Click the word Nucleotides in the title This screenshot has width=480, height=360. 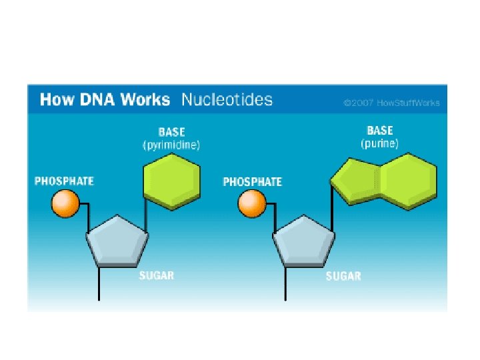(227, 100)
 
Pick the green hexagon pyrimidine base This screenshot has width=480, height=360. (173, 181)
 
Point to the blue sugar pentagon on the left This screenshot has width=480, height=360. (117, 241)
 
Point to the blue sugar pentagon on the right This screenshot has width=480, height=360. (304, 241)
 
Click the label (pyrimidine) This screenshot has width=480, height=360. (171, 145)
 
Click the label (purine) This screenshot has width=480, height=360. (380, 143)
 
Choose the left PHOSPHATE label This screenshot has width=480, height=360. (65, 181)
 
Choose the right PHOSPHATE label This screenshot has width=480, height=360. (252, 181)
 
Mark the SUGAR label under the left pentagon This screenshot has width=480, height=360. (157, 276)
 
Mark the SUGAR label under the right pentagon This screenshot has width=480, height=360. (343, 276)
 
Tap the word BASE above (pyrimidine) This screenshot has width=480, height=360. (171, 132)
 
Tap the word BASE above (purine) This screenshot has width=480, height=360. (380, 131)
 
